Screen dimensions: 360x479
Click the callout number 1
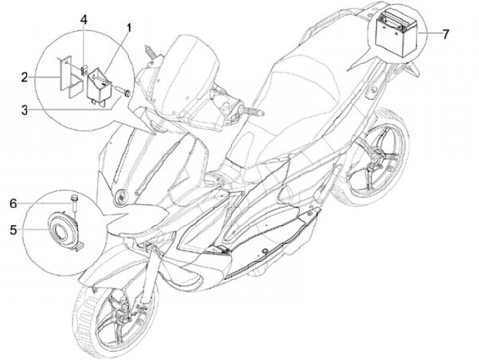click(129, 29)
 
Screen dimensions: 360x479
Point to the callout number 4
click(84, 19)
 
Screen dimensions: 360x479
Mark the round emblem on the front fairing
click(122, 196)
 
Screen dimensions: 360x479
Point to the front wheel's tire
click(86, 319)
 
